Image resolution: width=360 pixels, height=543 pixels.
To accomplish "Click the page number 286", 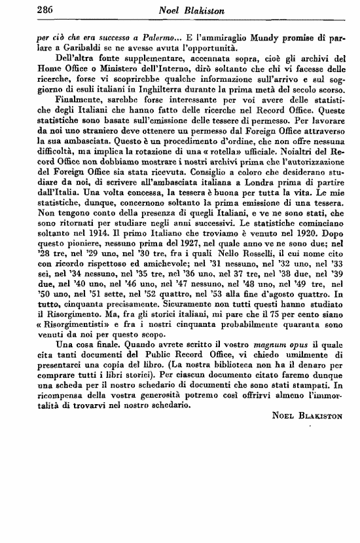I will (26, 9).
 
